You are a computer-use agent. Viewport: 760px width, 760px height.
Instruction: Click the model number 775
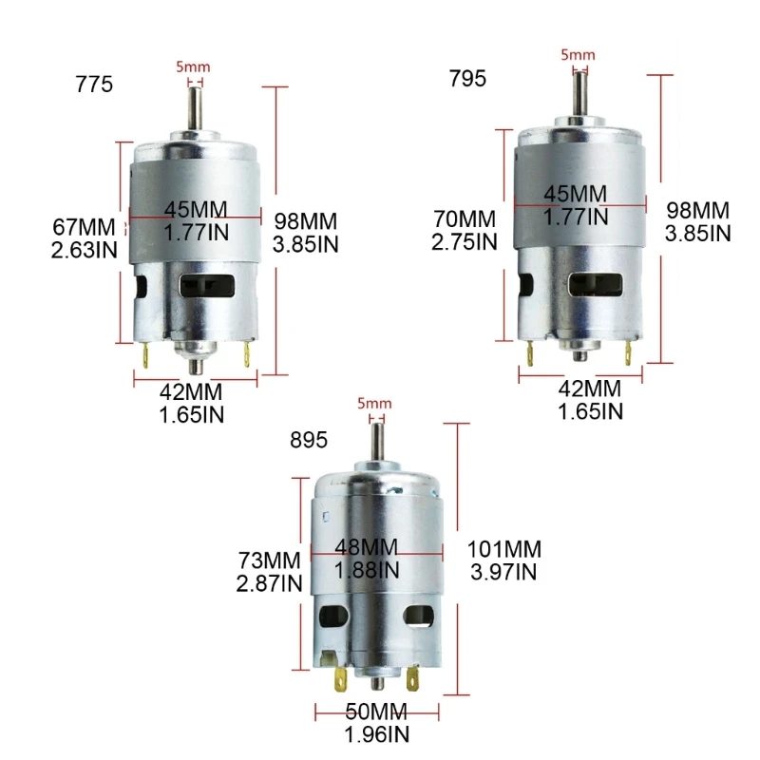[x=94, y=85]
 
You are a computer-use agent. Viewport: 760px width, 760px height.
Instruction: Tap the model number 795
[x=467, y=79]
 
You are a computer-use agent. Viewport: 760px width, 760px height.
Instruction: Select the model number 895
[x=309, y=440]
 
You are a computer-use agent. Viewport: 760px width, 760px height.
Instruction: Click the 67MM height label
[x=84, y=227]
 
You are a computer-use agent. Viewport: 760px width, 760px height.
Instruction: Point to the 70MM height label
[x=464, y=218]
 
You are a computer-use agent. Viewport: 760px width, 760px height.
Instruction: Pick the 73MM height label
[x=269, y=560]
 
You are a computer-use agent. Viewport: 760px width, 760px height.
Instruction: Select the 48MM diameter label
[x=368, y=548]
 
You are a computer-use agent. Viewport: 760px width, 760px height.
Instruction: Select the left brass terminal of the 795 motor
[x=528, y=353]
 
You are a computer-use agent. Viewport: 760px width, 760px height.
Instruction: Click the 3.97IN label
[x=503, y=572]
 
